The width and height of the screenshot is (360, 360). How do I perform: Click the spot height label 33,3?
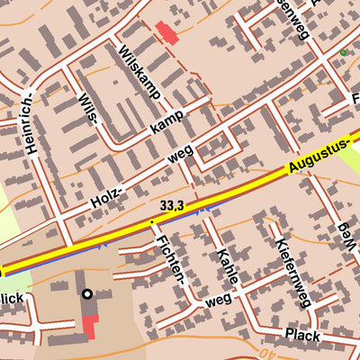172,206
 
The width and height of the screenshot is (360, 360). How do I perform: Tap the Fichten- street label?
171,258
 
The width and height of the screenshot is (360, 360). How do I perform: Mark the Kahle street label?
227,265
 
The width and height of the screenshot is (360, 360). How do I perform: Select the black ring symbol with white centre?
87,293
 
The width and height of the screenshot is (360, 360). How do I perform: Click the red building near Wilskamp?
167,33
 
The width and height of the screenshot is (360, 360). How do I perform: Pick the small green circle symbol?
343,53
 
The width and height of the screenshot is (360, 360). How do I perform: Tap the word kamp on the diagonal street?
167,121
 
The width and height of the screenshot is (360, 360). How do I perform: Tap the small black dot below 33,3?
152,220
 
